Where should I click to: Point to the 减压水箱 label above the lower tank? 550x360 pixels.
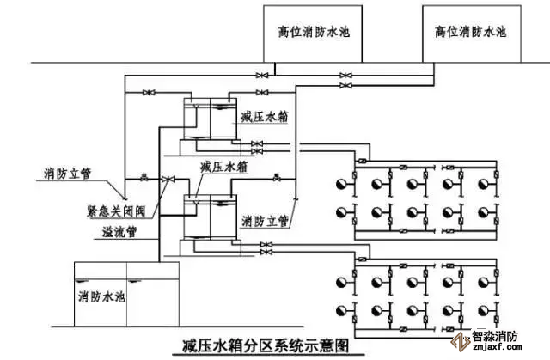[x=218, y=167]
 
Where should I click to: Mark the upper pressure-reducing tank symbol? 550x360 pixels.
[x=210, y=120]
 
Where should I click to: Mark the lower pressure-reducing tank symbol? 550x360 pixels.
[x=210, y=214]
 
